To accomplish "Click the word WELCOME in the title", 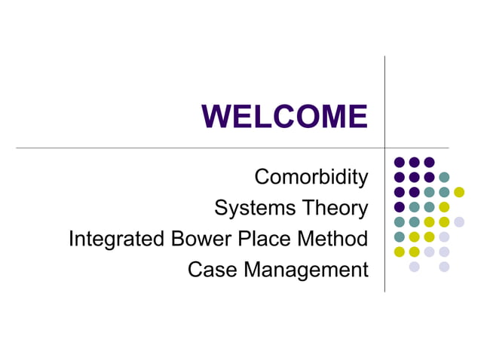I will click(284, 117).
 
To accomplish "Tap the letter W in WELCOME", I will click(216, 117).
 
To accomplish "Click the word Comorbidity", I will click(311, 178).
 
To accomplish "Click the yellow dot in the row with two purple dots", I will click(459, 192).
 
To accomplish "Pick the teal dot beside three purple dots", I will click(444, 177).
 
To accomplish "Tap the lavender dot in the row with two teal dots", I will click(459, 221).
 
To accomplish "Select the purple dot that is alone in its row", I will click(400, 206).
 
